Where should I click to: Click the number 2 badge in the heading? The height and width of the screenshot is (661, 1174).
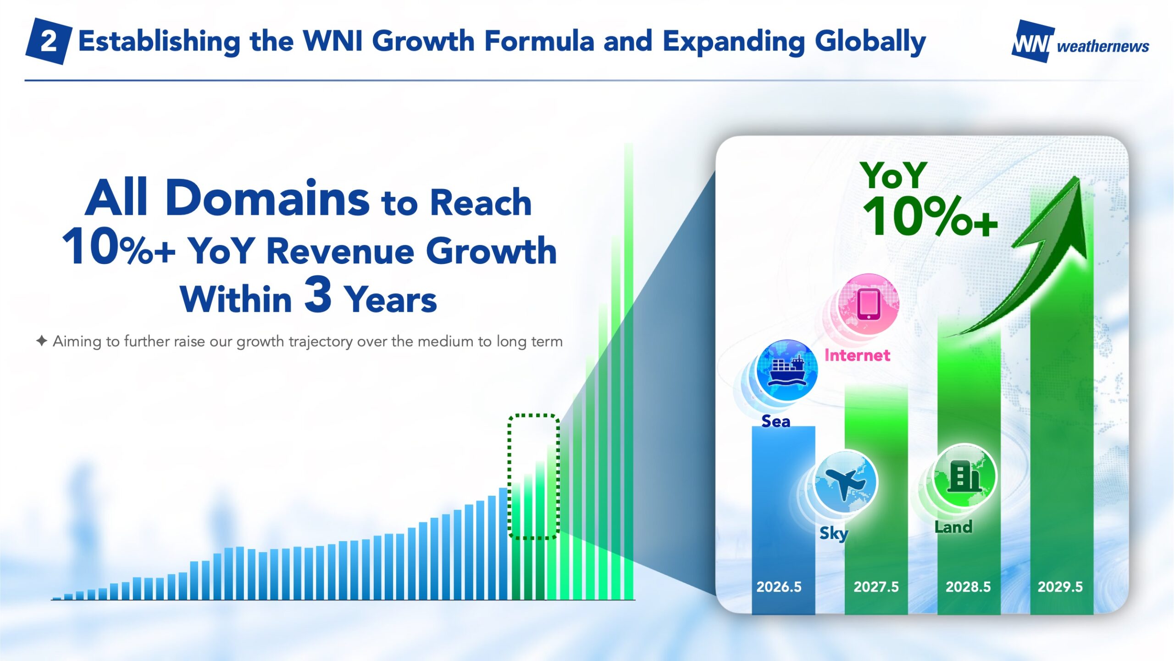(49, 41)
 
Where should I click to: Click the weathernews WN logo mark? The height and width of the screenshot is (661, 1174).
(1033, 41)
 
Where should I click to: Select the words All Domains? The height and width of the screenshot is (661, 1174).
(227, 197)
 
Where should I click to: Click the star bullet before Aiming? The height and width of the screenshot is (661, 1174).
(42, 341)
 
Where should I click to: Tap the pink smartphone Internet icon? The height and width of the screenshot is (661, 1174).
(868, 304)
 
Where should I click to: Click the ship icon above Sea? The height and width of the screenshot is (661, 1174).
(786, 370)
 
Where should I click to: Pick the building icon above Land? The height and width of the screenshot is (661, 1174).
(965, 476)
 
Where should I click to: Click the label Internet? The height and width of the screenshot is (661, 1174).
(857, 355)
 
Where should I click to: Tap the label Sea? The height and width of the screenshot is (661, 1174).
(775, 421)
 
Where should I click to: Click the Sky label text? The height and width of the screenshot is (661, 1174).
(834, 533)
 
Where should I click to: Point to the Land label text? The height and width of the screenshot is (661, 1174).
(953, 527)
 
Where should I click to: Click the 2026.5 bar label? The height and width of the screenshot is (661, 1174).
(779, 587)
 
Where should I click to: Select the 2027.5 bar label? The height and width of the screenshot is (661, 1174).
(876, 587)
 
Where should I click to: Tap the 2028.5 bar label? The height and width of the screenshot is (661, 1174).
(968, 587)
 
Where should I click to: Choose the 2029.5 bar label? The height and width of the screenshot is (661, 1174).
(1060, 587)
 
